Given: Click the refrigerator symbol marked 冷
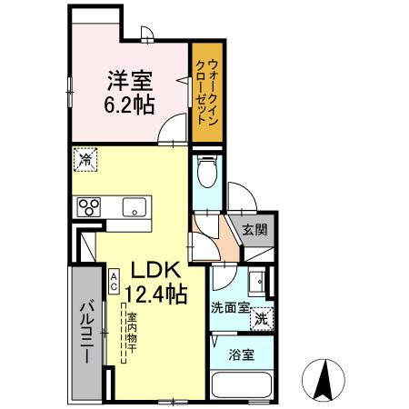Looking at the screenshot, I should (x=83, y=158).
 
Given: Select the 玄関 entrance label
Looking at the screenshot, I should (x=255, y=230).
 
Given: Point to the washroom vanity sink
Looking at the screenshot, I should (x=257, y=281).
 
